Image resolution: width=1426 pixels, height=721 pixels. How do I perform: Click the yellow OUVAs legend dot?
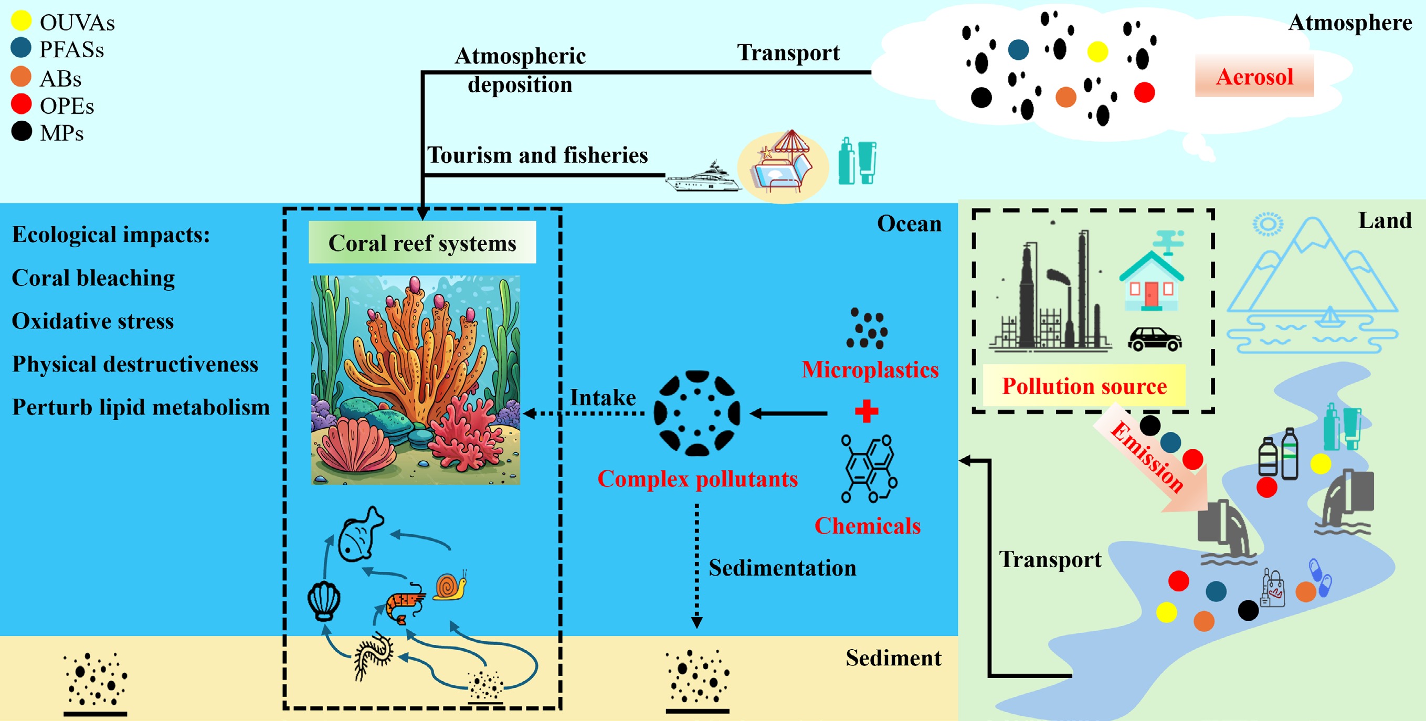(21, 20)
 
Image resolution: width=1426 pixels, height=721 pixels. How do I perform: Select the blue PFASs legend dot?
(21, 48)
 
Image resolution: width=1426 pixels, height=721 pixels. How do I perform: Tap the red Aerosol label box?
(1254, 77)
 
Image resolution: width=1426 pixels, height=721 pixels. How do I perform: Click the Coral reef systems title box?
(422, 243)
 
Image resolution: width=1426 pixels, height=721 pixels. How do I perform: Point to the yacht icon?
(703, 177)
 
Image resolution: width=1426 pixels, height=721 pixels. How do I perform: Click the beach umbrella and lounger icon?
(783, 165)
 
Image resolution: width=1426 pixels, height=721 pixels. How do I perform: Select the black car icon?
(1154, 338)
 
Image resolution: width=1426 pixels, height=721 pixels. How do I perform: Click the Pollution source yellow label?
(1084, 386)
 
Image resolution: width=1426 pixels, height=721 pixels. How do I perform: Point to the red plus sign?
(867, 410)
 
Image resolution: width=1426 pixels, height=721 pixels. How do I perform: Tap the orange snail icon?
(449, 587)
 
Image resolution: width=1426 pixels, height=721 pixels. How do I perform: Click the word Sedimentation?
(781, 568)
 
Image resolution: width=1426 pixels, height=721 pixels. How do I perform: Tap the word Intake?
(603, 397)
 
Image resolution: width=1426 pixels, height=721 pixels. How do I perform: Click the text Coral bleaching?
(93, 278)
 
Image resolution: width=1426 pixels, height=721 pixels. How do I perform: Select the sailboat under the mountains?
(1329, 317)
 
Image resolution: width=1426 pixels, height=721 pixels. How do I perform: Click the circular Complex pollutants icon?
(696, 413)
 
